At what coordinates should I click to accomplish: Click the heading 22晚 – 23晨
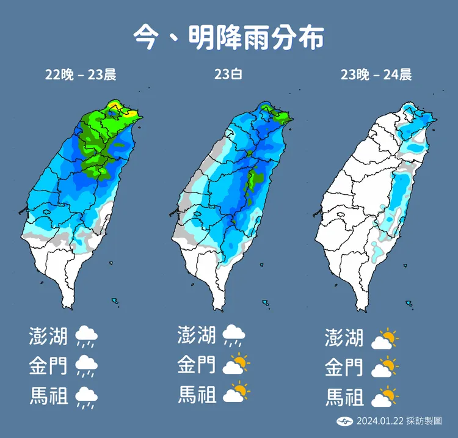tap(80, 75)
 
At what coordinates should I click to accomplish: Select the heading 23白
tap(228, 75)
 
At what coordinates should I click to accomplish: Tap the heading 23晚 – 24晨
tap(376, 75)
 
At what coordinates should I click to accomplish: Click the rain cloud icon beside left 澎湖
tap(87, 337)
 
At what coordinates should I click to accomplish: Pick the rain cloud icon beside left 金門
tap(87, 367)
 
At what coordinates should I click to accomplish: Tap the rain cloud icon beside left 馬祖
tap(87, 397)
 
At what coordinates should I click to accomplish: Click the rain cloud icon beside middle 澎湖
tap(234, 335)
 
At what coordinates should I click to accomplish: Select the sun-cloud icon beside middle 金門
tap(236, 365)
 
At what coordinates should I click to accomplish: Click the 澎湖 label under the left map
tap(48, 337)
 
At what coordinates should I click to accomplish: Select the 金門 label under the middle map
tap(197, 365)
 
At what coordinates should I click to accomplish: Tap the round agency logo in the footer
tap(344, 421)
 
